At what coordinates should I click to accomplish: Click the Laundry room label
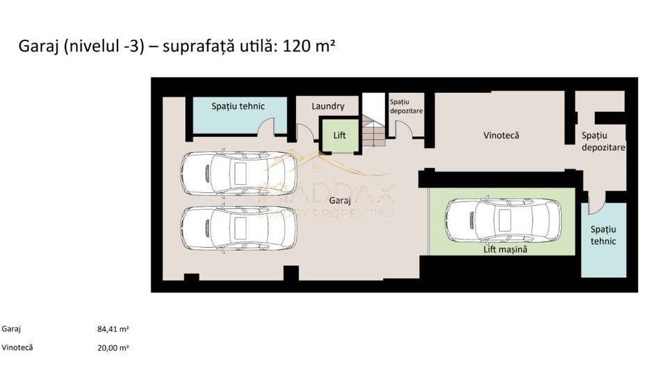click(x=327, y=106)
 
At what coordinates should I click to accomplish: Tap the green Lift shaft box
click(x=339, y=135)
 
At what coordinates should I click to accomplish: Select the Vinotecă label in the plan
click(x=501, y=135)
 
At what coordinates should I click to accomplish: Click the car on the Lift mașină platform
click(x=503, y=220)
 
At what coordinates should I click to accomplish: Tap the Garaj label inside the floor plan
click(x=341, y=199)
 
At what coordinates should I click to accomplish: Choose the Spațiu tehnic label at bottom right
click(x=603, y=235)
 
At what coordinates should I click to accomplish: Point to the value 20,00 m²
click(x=113, y=347)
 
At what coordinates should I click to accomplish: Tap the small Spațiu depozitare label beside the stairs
click(x=405, y=106)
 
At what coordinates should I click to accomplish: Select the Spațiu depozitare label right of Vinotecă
click(x=603, y=142)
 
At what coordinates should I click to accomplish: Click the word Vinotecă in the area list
click(x=17, y=347)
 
